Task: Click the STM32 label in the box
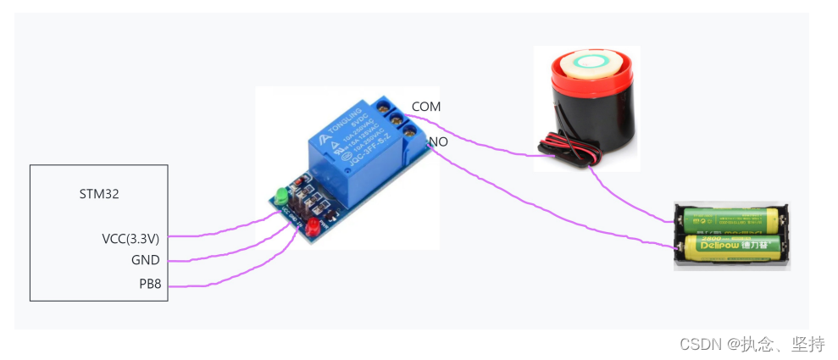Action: [x=98, y=194]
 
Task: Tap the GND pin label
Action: [x=146, y=260]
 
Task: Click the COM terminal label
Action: [x=426, y=107]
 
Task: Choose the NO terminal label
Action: [x=438, y=141]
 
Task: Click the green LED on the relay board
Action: [x=279, y=198]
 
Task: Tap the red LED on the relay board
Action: [x=313, y=227]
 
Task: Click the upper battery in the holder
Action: [x=731, y=220]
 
